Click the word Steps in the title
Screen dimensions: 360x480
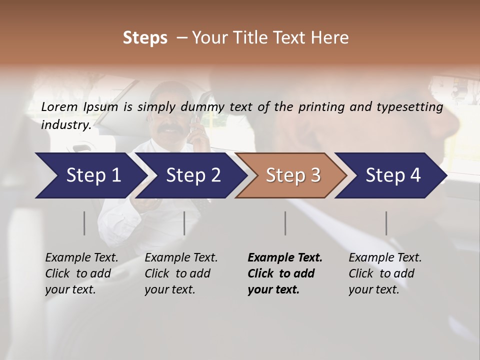145,38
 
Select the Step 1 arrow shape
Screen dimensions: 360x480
90,175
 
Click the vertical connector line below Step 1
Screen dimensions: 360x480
84,223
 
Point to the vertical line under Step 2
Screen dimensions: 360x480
184,223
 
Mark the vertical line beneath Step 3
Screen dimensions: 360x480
285,223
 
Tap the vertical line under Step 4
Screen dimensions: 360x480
386,223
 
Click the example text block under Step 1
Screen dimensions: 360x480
81,273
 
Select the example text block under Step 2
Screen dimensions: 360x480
181,273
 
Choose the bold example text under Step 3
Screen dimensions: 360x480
285,273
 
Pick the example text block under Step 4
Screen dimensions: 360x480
385,273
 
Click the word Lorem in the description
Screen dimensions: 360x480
59,107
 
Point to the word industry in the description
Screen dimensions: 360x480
65,125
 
